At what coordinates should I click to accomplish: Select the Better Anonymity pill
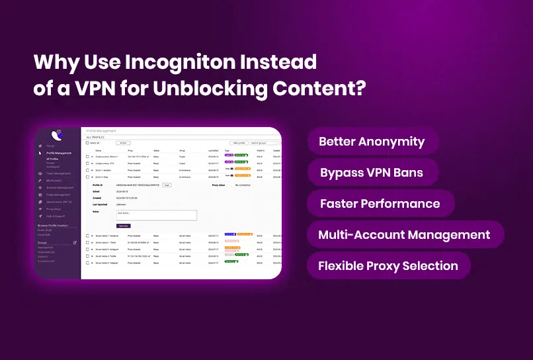pyautogui.click(x=371, y=142)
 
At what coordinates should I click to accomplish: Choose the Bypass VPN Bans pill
pyautogui.click(x=371, y=173)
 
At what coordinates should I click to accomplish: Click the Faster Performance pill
pyautogui.click(x=380, y=204)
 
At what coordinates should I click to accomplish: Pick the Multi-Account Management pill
pyautogui.click(x=404, y=235)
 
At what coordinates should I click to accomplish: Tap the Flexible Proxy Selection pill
pyautogui.click(x=388, y=266)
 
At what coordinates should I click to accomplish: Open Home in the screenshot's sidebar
pyautogui.click(x=50, y=146)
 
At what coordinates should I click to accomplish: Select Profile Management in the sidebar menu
pyautogui.click(x=59, y=153)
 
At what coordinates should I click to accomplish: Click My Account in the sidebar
pyautogui.click(x=54, y=181)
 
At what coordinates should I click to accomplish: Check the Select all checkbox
pyautogui.click(x=87, y=142)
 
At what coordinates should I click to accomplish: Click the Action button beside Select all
pyautogui.click(x=123, y=142)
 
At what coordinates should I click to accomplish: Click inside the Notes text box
pyautogui.click(x=157, y=215)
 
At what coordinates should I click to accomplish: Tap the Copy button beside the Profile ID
pyautogui.click(x=167, y=185)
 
